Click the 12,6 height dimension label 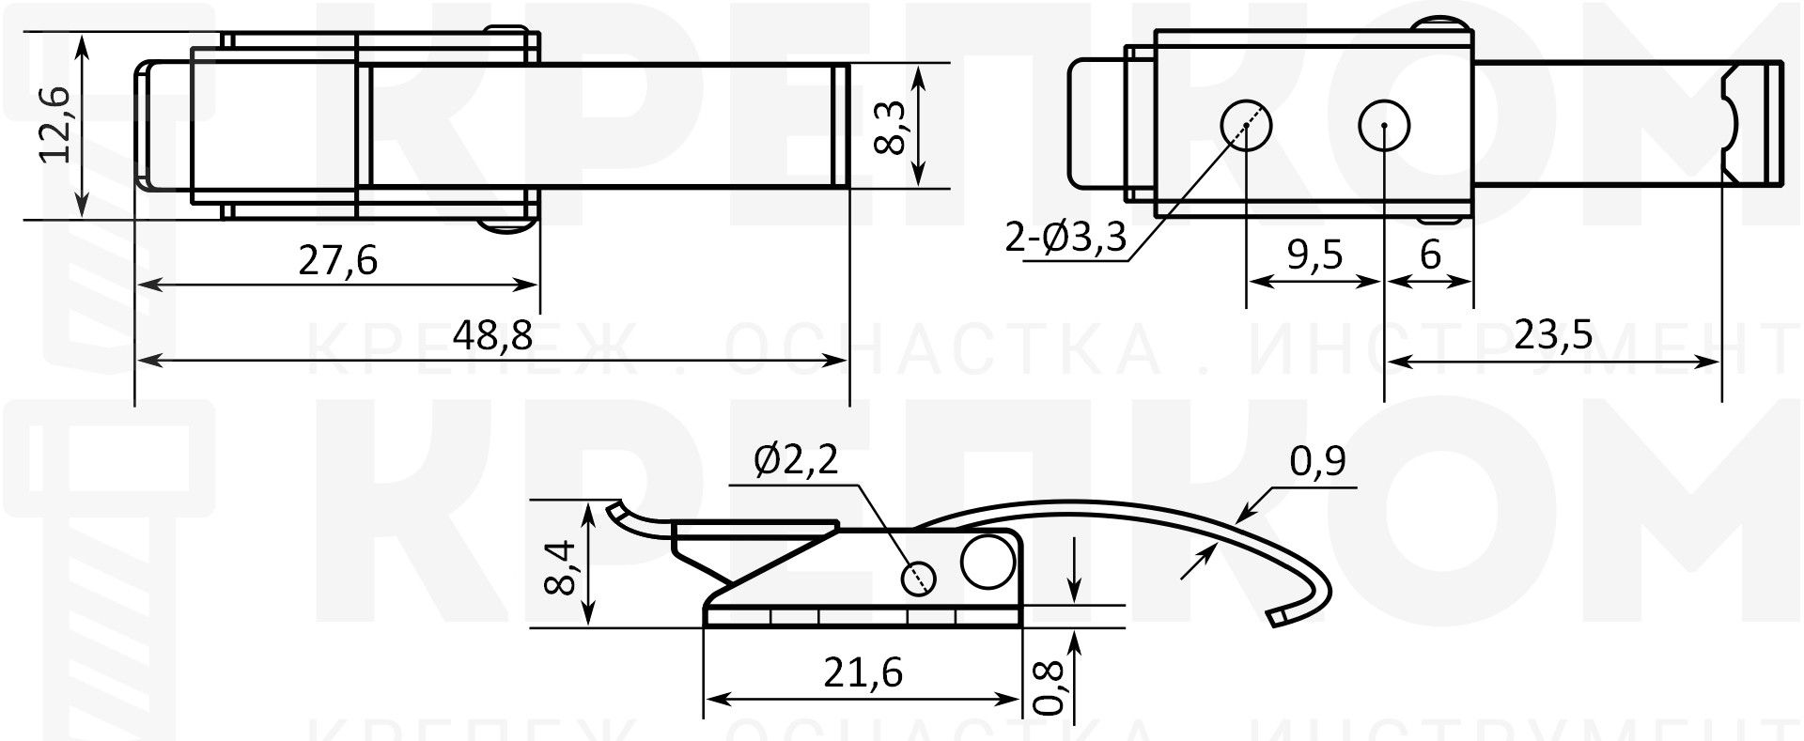coord(54,125)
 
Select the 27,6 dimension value coord(337,260)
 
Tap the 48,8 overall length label coord(491,334)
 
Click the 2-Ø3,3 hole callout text coord(1065,239)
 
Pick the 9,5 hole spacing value coord(1314,255)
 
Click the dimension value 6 coord(1430,255)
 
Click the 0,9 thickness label coord(1317,461)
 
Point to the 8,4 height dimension coord(559,565)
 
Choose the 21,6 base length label coord(863,672)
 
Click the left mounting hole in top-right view coord(1246,125)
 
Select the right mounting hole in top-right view coord(1385,125)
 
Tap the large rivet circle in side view coord(988,561)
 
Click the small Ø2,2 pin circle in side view coord(919,578)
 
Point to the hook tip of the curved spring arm coord(1278,618)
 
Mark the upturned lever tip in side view coord(615,511)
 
